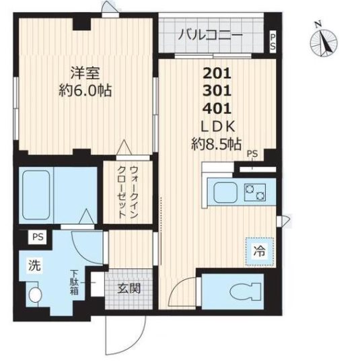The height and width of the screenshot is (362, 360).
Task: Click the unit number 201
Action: pos(217,75)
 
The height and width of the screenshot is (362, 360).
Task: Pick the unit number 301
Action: pos(217,92)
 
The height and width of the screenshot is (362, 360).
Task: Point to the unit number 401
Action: pos(217,108)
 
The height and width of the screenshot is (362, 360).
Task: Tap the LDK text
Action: pos(217,125)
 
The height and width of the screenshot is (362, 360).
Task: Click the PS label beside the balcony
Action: pos(273,41)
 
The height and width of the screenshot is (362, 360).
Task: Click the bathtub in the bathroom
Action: pos(38,194)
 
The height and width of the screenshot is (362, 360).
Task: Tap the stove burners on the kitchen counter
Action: pos(255,194)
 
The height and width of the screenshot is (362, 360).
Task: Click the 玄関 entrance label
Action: pos(129,290)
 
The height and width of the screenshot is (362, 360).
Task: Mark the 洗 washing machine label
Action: pos(34,265)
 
